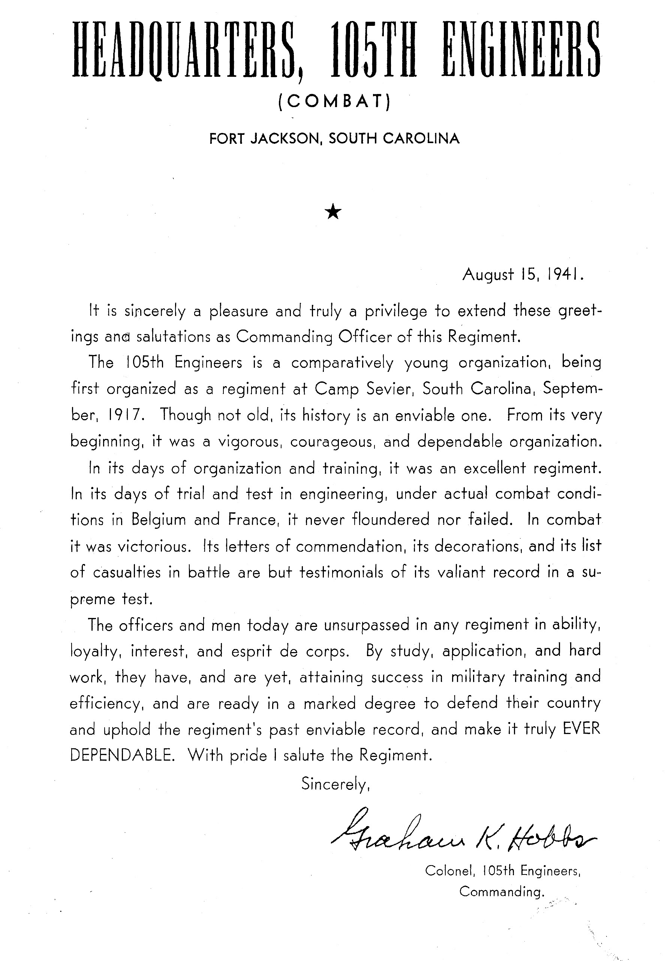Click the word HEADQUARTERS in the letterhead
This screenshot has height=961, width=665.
point(187,51)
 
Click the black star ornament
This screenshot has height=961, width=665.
point(333,213)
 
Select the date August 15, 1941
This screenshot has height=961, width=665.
point(523,275)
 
